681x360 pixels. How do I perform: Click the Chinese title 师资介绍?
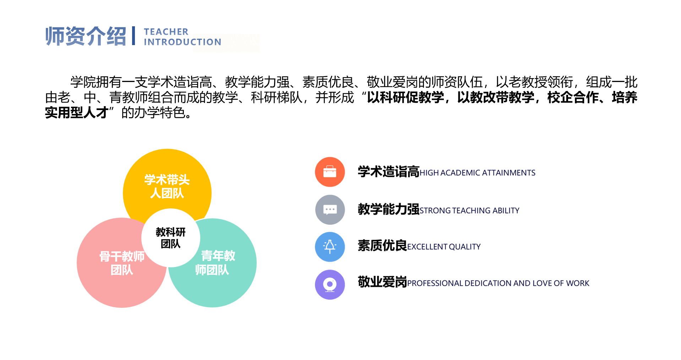pos(86,36)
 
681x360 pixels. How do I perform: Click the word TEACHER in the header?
pos(166,32)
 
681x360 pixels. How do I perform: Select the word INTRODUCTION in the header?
pos(182,42)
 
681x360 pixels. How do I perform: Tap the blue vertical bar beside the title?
pos(134,36)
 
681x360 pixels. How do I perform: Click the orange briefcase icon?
pos(330,172)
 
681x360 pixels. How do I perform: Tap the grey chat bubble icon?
pos(330,209)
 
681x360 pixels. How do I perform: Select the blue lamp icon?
pos(330,247)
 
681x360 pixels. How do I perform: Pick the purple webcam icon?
pos(330,284)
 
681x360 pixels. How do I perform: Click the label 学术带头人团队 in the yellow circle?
pos(167,186)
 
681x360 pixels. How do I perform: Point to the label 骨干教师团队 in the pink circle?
pos(122,263)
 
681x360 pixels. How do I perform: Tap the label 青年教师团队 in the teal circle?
pos(215,263)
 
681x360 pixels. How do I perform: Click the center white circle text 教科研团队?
pos(171,238)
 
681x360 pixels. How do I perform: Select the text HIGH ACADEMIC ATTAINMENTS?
pos(477,173)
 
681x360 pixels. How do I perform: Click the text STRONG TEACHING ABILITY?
pos(469,211)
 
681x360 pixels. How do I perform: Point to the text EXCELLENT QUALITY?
pos(444,247)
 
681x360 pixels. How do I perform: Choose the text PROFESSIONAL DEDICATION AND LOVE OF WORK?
pos(498,283)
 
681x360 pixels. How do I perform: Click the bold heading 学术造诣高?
pos(388,172)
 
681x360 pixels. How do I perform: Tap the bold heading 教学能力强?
pos(388,209)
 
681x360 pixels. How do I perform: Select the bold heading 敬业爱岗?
pos(382,282)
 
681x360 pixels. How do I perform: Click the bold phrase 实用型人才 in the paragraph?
pos(77,113)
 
